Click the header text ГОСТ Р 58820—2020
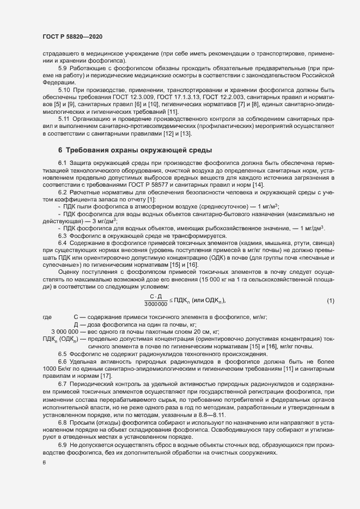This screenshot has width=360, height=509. tap(72, 36)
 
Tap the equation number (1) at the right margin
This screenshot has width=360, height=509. tap(331, 301)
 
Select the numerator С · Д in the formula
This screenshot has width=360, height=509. tap(156, 297)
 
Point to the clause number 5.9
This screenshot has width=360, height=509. tap(63, 68)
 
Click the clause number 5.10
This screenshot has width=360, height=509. tap(64, 89)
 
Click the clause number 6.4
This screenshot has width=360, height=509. tap(62, 242)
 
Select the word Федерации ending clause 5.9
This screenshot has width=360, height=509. tap(57, 82)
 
